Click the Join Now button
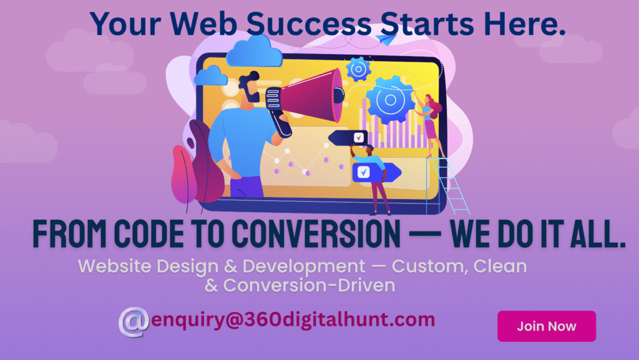(x=547, y=326)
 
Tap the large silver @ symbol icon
(x=134, y=322)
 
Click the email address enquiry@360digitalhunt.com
(x=293, y=319)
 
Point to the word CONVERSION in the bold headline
(x=316, y=234)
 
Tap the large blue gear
(x=390, y=99)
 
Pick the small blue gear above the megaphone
(x=358, y=69)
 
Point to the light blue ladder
(x=447, y=185)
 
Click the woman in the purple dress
(x=431, y=124)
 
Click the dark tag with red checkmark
(x=348, y=138)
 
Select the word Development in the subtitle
(x=304, y=266)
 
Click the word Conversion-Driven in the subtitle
(x=310, y=286)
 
